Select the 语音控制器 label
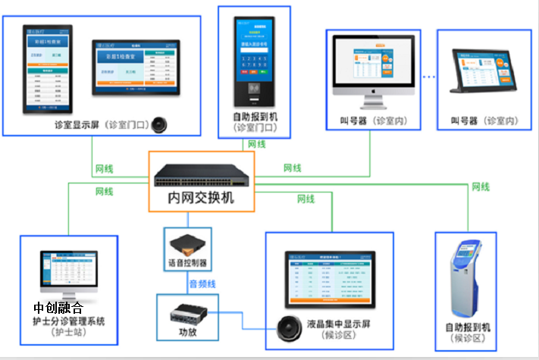186,264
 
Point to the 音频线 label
202,283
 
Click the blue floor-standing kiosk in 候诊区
467,281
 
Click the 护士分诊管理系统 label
69,321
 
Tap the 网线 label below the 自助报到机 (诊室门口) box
256,144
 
